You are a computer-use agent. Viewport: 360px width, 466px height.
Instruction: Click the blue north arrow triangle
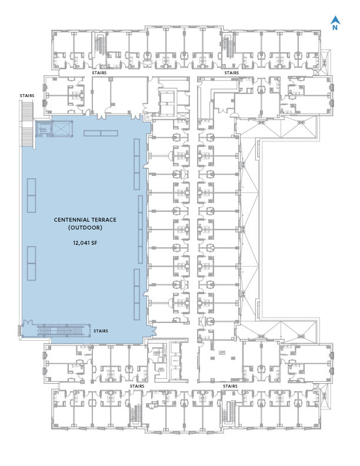tap(335, 18)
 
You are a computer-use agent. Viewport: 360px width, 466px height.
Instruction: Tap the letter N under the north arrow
tap(335, 26)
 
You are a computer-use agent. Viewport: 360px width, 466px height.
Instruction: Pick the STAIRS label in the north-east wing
tap(231, 73)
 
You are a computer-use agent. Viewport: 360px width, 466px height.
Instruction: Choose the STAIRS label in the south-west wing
tap(137, 385)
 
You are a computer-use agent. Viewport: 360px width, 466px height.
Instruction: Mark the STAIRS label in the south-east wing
tap(230, 385)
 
